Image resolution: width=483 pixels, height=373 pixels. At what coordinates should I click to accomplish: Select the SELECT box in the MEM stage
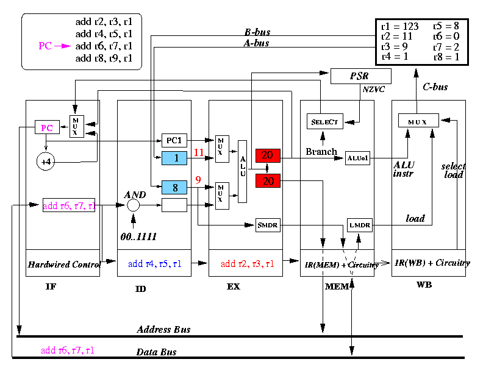pyautogui.click(x=324, y=121)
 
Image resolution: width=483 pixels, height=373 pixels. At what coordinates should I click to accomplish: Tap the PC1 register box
pyautogui.click(x=174, y=141)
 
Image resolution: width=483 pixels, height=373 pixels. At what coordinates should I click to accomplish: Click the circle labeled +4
pyautogui.click(x=46, y=162)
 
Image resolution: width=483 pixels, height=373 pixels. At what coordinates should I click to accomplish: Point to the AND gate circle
pyautogui.click(x=133, y=205)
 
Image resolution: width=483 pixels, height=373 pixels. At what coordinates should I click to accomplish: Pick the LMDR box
pyautogui.click(x=359, y=226)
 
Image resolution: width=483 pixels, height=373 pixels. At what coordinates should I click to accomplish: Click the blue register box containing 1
pyautogui.click(x=174, y=158)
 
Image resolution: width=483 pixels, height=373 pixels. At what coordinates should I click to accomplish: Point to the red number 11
pyautogui.click(x=198, y=152)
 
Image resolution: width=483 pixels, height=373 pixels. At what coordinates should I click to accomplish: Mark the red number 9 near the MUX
pyautogui.click(x=198, y=180)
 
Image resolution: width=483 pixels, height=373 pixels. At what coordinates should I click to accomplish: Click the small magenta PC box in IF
pyautogui.click(x=46, y=127)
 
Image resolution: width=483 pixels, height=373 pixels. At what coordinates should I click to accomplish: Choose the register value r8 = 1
pyautogui.click(x=446, y=57)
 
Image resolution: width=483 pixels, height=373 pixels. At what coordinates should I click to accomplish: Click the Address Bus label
pyautogui.click(x=163, y=330)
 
